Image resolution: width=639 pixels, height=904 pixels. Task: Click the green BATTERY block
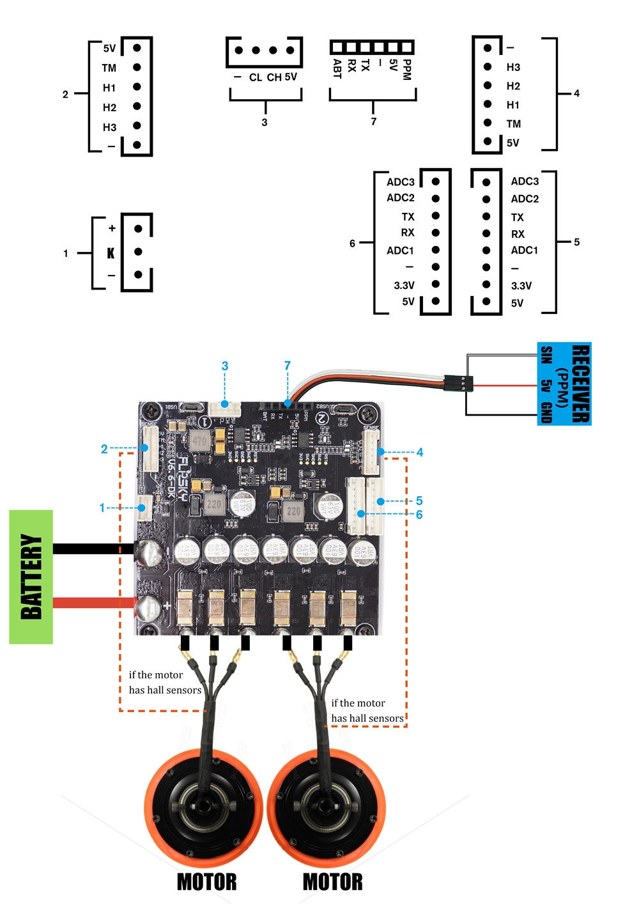(31, 577)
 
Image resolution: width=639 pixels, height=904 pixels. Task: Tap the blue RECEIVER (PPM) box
(564, 384)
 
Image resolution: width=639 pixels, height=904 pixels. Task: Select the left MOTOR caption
(206, 882)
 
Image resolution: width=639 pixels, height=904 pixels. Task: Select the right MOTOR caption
(332, 882)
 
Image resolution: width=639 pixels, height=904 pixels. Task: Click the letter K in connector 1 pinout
(111, 253)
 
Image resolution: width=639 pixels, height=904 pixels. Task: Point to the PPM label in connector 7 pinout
(407, 69)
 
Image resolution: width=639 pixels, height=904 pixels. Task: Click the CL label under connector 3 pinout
(256, 77)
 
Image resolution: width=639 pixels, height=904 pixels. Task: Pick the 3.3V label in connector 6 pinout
(404, 285)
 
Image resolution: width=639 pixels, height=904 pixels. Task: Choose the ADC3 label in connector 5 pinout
(525, 182)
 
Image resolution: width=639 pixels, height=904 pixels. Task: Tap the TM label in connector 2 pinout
(109, 68)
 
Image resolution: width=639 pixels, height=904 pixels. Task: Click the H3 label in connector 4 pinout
(513, 67)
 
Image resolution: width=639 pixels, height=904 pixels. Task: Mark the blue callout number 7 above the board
(288, 366)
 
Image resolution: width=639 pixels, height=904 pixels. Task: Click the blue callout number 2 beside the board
(104, 449)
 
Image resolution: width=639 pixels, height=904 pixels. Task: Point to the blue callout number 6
(419, 515)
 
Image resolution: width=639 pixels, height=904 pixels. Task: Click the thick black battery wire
(93, 549)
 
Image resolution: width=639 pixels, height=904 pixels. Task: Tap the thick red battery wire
(93, 602)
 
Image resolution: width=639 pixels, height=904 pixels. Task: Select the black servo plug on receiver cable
(459, 384)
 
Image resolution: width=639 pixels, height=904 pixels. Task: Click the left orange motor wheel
(203, 807)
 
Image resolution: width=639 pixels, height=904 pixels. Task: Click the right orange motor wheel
(327, 807)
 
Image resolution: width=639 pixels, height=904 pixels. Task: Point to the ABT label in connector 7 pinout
(337, 68)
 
